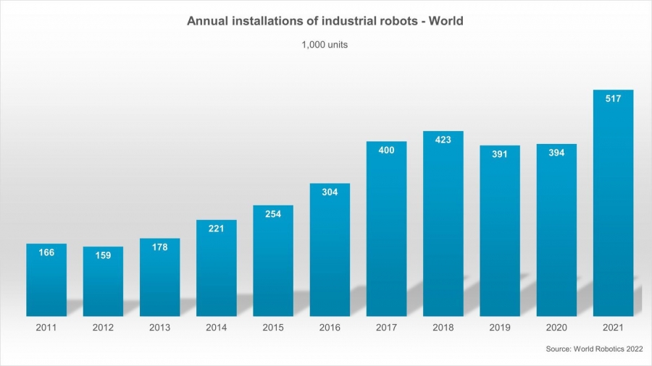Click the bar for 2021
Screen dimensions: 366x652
613,210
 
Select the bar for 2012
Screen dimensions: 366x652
103,286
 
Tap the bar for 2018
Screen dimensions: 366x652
443,228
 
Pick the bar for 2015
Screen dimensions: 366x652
273,264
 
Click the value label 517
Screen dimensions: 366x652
613,98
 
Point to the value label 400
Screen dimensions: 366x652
386,150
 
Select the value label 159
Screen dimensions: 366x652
103,255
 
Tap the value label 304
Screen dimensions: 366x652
330,192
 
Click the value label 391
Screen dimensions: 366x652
500,154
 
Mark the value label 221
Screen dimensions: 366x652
217,229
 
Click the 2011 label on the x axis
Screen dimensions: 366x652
46,328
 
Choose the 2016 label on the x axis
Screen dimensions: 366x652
330,328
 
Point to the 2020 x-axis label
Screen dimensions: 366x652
556,328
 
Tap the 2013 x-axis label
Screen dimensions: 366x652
159,328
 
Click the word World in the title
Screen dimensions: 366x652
444,21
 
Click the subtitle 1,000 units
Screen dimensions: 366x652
325,45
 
